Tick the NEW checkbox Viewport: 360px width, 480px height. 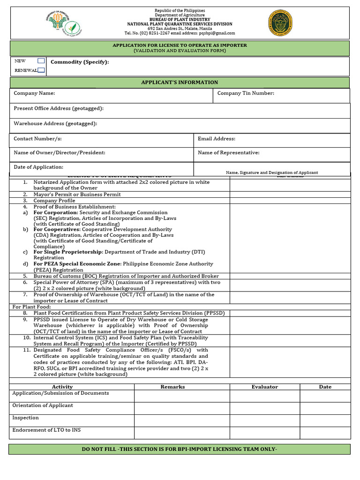pos(41,61)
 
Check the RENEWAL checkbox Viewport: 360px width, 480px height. pos(41,70)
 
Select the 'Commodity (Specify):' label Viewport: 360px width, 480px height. pos(80,62)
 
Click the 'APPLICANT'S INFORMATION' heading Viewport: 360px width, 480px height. pos(180,82)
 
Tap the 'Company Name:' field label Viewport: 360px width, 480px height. pos(34,93)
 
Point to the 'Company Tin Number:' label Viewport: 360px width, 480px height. pos(246,93)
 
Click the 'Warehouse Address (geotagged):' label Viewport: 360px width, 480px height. pos(55,124)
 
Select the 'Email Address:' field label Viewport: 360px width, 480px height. pos(217,139)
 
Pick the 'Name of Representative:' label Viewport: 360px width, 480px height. pos(228,153)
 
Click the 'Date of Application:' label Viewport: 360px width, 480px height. pos(38,167)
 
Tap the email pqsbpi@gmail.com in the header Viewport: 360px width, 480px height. pos(217,33)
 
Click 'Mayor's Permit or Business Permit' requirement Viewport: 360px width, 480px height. pos(77,195)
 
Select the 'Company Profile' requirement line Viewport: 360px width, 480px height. pos(54,201)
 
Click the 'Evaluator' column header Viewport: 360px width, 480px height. pos(264,387)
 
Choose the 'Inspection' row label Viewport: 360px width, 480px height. pos(25,418)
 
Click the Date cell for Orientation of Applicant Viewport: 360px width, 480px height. pos(325,408)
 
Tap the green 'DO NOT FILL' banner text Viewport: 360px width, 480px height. pos(180,450)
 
